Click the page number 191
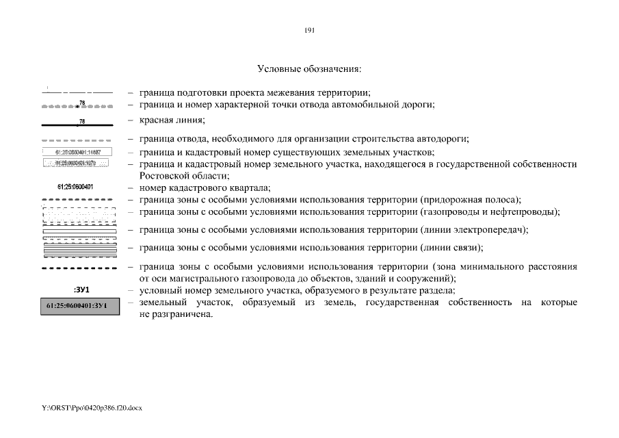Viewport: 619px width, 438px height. coord(309,31)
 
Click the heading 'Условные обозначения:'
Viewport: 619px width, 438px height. coord(309,69)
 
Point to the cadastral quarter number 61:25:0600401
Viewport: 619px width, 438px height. coord(76,187)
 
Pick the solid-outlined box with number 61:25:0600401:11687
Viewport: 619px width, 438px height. coord(77,152)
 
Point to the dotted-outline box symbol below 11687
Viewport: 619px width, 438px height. coord(76,164)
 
